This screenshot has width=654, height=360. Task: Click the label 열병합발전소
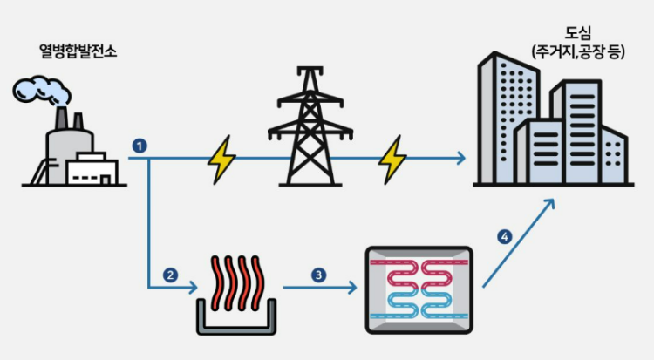[78, 51]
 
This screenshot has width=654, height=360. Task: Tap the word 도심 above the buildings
[569, 36]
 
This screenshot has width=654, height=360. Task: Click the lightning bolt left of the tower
[221, 159]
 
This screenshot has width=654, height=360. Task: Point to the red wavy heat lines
[235, 279]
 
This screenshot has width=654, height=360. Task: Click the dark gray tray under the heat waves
[235, 321]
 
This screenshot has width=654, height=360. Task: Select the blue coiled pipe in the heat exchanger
[417, 306]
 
